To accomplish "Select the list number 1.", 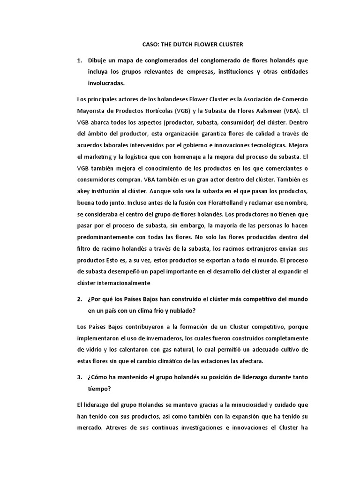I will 79,61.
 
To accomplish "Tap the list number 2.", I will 79,299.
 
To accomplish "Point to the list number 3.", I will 79,377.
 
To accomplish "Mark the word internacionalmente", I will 122,283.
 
